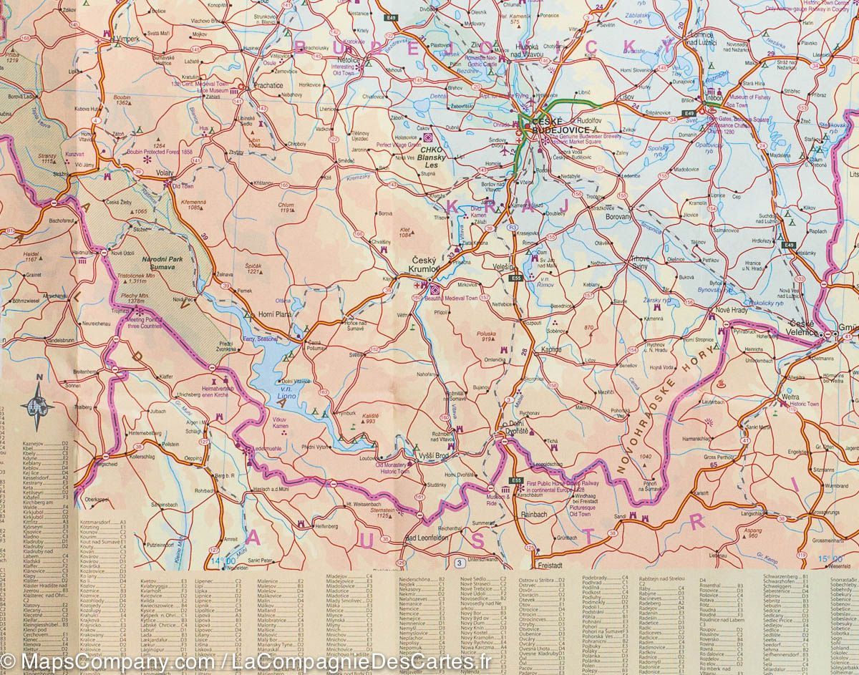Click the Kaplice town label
pyautogui.click(x=552, y=349)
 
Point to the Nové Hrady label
pyautogui.click(x=732, y=310)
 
